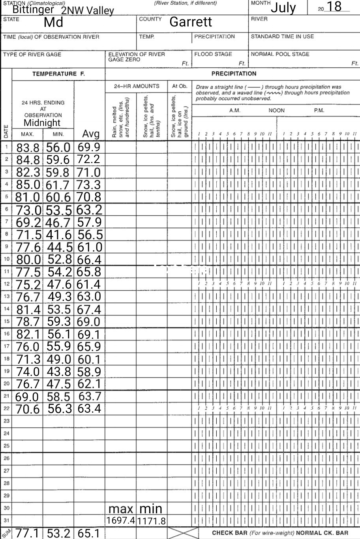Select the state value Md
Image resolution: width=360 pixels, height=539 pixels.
53,22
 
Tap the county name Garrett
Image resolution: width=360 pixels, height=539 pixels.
190,22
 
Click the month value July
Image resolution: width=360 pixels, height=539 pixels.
283,8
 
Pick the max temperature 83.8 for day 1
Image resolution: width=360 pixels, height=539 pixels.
28,148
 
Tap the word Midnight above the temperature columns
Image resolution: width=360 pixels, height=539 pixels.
42,123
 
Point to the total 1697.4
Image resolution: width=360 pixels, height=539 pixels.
121,520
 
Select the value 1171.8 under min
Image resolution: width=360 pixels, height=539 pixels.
152,521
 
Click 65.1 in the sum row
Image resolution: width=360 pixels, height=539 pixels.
89,533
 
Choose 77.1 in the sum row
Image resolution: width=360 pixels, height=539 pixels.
28,533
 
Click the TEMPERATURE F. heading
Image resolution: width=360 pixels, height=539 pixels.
58,74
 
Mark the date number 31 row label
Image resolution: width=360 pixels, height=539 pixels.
6,520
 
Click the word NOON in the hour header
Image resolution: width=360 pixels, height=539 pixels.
276,111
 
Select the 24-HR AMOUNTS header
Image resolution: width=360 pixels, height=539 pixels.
136,86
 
